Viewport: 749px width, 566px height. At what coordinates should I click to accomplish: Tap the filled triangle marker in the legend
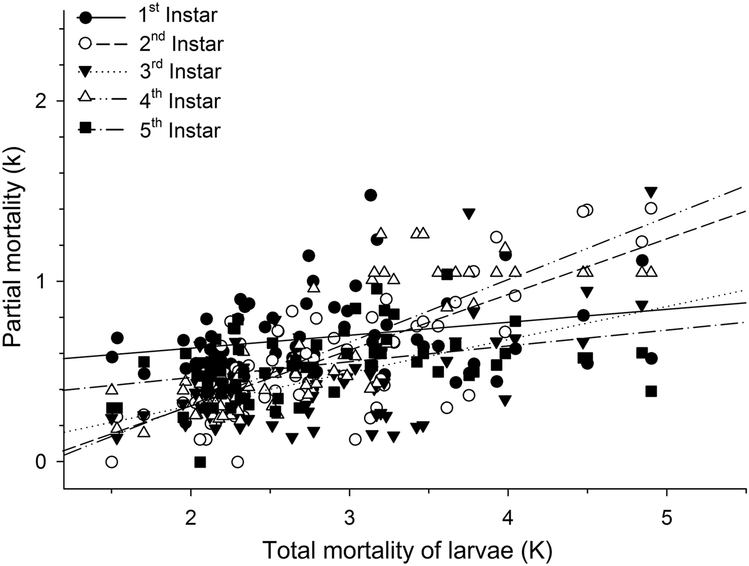(x=85, y=72)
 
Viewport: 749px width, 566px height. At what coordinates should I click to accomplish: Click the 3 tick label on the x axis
(x=349, y=506)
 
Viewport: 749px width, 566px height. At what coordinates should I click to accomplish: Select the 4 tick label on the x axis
(x=507, y=506)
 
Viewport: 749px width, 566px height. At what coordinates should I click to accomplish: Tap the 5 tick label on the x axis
(x=666, y=506)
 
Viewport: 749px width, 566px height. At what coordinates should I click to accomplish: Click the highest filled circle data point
(x=370, y=195)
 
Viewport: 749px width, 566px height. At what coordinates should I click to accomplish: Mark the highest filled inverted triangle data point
(x=651, y=192)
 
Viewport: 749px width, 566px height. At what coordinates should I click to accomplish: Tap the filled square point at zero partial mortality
(x=201, y=462)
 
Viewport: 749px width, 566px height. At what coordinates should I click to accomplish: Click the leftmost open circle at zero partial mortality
(x=111, y=462)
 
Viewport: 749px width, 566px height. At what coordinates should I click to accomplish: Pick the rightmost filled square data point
(x=651, y=391)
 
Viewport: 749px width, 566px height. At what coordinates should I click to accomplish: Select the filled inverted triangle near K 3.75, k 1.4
(x=469, y=214)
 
